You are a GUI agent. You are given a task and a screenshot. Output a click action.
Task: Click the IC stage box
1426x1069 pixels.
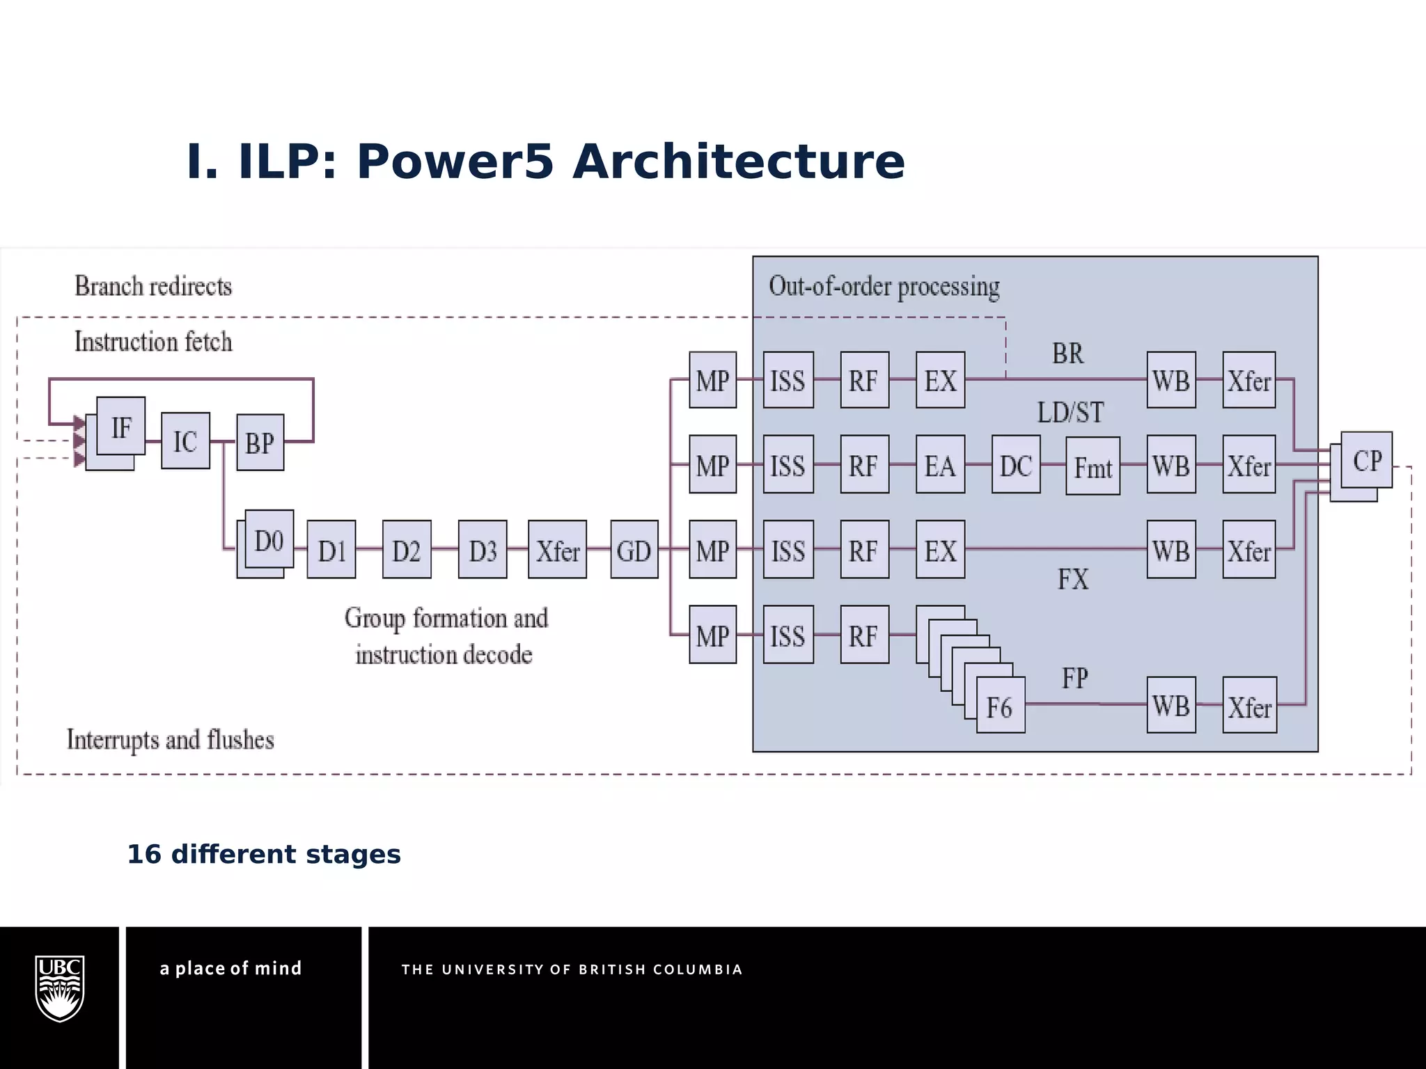click(x=185, y=441)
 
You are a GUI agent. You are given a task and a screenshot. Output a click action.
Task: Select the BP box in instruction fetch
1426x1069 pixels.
click(x=260, y=443)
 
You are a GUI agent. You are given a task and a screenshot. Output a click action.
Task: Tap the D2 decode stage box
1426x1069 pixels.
click(x=406, y=550)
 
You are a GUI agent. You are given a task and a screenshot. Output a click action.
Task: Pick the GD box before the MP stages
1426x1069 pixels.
click(x=634, y=550)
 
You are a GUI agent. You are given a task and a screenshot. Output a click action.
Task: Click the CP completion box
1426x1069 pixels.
click(x=1366, y=460)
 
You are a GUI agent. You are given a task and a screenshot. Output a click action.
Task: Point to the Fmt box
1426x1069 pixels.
click(x=1092, y=466)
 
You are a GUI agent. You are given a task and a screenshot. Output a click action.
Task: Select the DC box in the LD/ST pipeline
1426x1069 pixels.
click(x=1015, y=465)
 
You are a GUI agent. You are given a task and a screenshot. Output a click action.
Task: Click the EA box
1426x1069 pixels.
click(x=940, y=465)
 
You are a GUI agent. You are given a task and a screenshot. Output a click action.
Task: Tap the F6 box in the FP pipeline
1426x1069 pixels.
click(x=1000, y=706)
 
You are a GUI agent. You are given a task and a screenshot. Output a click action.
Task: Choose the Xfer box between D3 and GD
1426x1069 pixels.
click(x=557, y=550)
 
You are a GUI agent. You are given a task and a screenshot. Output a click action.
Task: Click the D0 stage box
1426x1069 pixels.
click(x=269, y=539)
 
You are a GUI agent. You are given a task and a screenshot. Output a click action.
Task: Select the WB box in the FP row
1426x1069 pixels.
click(x=1171, y=705)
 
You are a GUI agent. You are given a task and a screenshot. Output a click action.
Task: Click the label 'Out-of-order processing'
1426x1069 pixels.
click(x=884, y=286)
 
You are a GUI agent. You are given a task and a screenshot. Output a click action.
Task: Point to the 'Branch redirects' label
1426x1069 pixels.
click(x=153, y=286)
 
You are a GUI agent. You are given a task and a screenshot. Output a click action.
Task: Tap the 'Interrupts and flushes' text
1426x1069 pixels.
click(x=171, y=739)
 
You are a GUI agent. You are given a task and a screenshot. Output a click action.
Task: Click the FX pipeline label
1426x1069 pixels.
click(x=1072, y=579)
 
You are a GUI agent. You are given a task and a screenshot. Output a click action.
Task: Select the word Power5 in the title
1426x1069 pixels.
click(x=455, y=161)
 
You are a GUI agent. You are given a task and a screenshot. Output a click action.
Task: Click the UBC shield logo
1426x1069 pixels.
click(x=60, y=988)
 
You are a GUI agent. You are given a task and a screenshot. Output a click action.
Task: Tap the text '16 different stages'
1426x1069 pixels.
click(x=264, y=854)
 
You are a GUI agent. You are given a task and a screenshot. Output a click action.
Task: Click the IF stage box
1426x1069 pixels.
click(x=121, y=427)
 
